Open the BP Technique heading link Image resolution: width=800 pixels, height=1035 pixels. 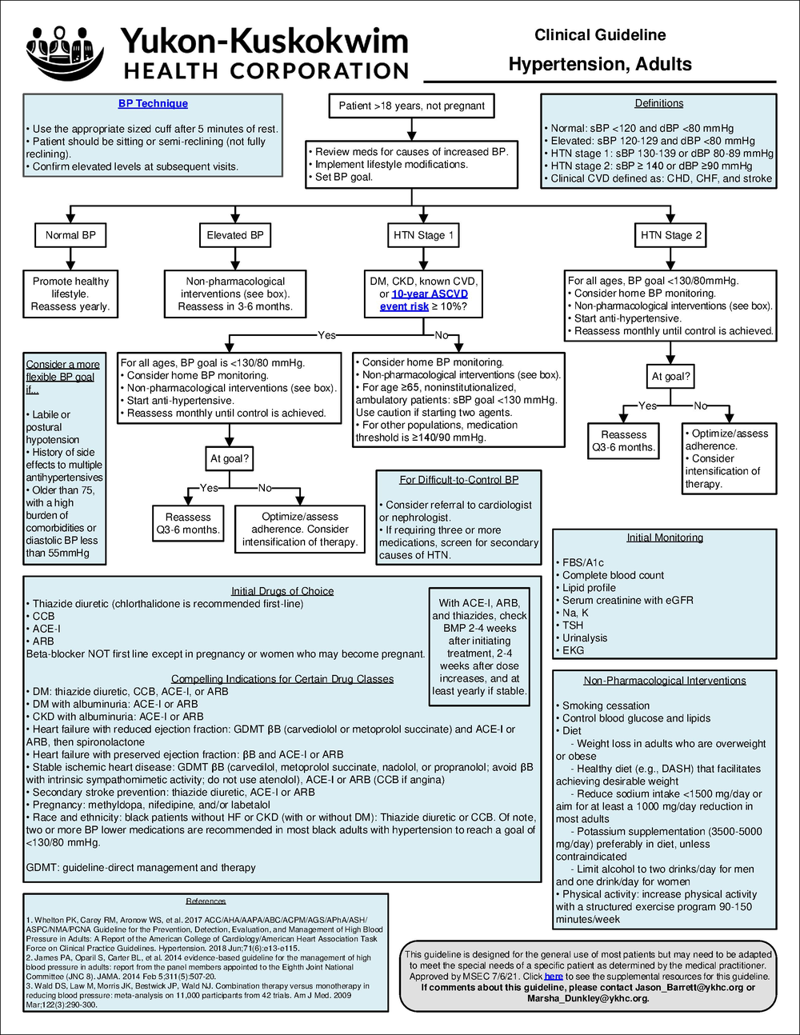coord(153,104)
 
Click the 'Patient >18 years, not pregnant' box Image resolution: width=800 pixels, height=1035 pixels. coord(411,106)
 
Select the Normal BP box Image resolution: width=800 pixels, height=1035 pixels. coord(70,235)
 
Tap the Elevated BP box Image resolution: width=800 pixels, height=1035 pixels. coord(234,235)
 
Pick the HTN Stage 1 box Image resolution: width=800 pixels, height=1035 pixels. coord(423,235)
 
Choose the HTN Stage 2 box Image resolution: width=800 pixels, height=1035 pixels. coord(670,235)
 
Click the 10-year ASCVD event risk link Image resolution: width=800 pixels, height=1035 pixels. coord(424,300)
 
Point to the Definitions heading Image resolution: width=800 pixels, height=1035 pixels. coord(658,103)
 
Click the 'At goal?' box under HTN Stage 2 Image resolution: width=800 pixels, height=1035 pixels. coord(670,376)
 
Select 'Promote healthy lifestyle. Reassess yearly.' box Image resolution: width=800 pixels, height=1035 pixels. coord(70,294)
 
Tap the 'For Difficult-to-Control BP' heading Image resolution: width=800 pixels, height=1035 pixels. coord(459,480)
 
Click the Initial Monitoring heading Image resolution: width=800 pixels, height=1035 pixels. coord(665,537)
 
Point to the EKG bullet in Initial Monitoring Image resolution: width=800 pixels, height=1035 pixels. coord(573,650)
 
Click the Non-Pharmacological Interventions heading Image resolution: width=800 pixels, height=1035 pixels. coord(665,681)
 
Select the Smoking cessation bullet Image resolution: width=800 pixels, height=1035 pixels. coord(606,705)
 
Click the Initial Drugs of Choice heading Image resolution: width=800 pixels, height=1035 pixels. coord(282,591)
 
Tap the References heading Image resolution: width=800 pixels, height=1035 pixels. coord(206,901)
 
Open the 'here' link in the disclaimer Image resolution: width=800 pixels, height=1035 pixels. coord(554,977)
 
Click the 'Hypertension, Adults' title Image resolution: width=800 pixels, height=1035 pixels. coord(600,65)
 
